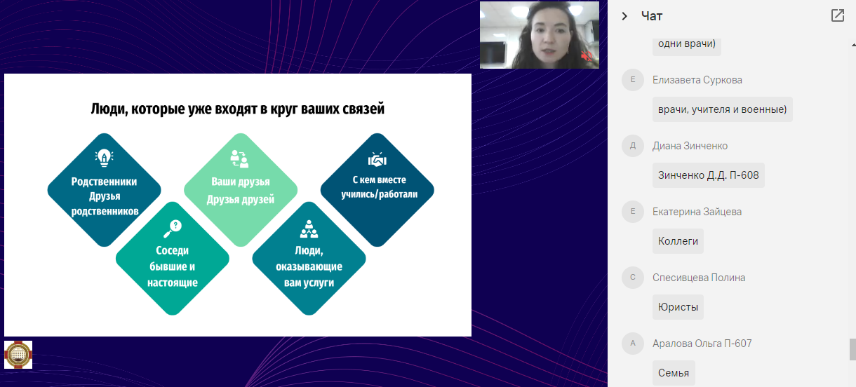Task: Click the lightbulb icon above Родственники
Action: (x=104, y=158)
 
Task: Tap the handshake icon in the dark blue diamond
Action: (x=377, y=159)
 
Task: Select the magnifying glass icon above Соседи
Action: (x=173, y=229)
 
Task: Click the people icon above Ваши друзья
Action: (x=239, y=158)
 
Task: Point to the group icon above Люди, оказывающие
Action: (x=309, y=229)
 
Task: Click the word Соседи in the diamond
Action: (x=173, y=250)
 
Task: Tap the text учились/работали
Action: (x=379, y=194)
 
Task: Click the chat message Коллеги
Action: (x=678, y=241)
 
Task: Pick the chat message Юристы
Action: (x=678, y=307)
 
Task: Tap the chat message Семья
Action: (x=674, y=373)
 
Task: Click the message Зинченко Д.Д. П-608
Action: (x=709, y=175)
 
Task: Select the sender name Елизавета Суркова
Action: (x=697, y=80)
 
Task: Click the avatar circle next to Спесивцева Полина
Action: (x=633, y=278)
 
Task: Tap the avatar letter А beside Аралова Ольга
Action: (x=633, y=343)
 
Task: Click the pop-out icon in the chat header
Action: (x=837, y=15)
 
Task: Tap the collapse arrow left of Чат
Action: (x=624, y=16)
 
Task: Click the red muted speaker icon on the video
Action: (x=586, y=56)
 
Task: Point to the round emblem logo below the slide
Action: (x=18, y=355)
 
